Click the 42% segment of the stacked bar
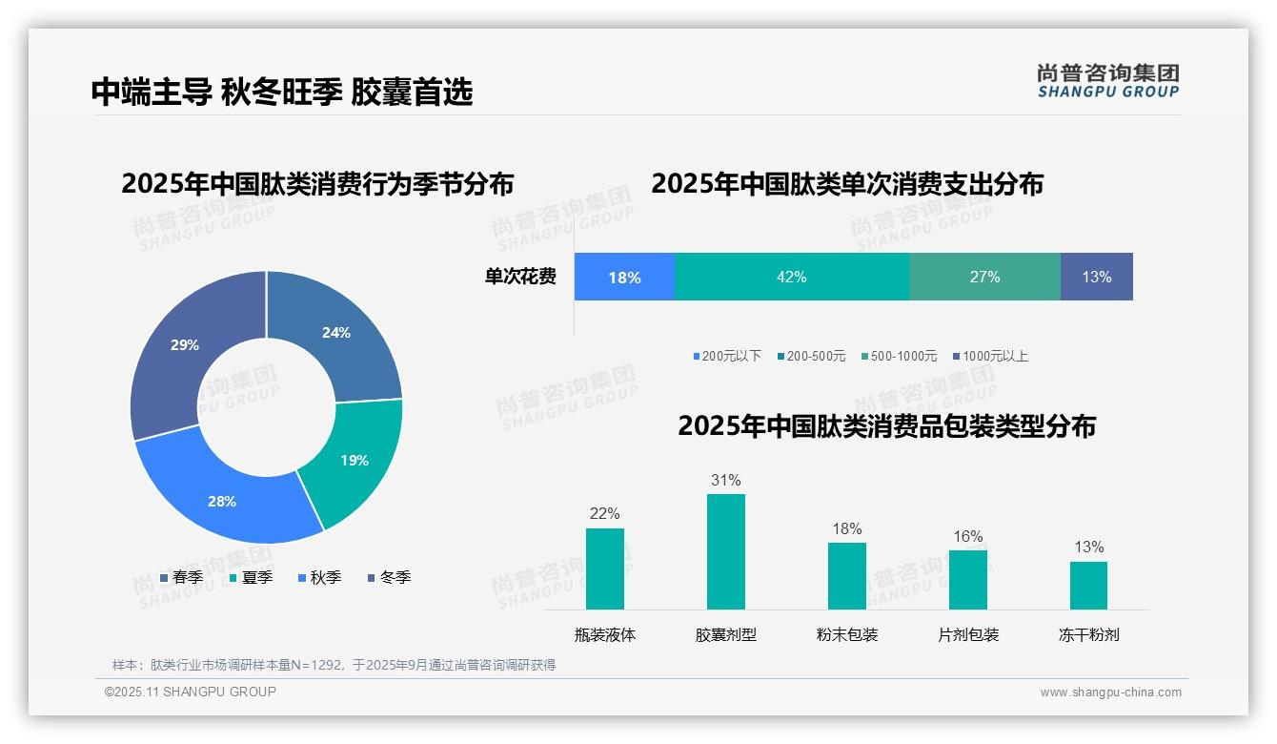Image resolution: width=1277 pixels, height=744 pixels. [791, 277]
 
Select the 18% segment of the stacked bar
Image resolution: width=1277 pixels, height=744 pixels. [624, 277]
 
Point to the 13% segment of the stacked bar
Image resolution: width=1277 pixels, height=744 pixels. [1096, 277]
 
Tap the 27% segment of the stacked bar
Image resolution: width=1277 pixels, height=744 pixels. [984, 277]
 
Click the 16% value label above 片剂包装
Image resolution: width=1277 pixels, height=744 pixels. [967, 537]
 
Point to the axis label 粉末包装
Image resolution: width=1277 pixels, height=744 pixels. [846, 634]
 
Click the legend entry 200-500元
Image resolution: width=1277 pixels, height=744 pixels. [811, 356]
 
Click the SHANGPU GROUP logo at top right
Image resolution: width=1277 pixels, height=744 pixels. [1107, 81]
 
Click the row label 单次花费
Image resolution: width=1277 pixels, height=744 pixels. [520, 277]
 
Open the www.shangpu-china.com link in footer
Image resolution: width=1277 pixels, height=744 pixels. [1110, 692]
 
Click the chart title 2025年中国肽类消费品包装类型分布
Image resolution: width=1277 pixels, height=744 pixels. [886, 426]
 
